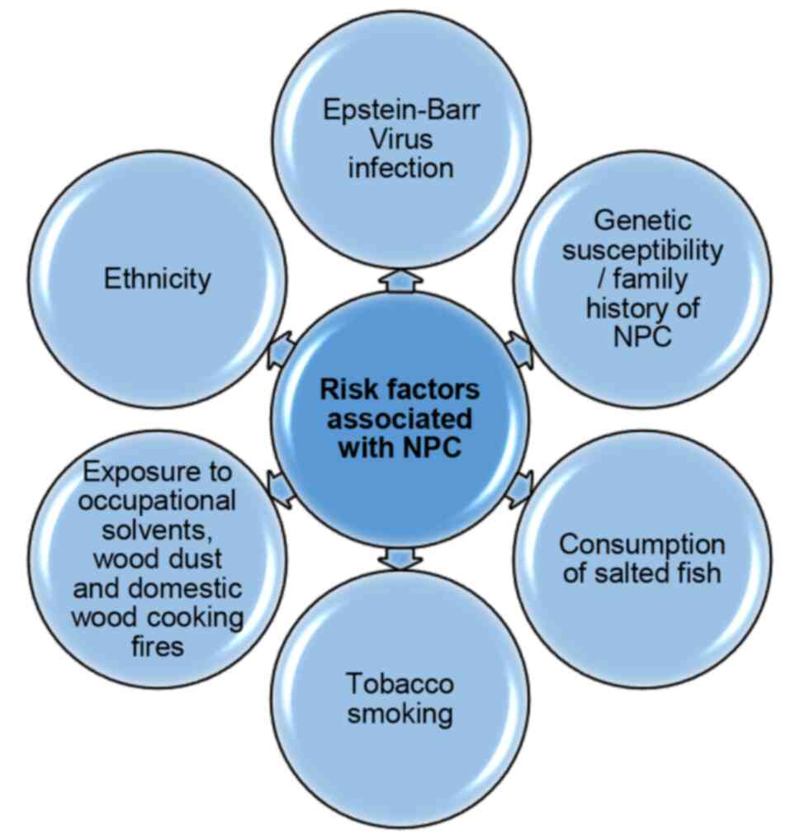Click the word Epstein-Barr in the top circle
400,110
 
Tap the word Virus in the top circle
400,139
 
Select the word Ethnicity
157,279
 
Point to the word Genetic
642,220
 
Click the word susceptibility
642,249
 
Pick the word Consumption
641,544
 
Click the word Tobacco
400,684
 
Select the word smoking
400,713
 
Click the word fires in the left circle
157,646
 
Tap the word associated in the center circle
400,417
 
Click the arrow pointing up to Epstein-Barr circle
400,280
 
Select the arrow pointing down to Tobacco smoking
400,559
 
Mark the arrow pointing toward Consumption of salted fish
518,492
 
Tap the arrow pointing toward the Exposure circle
281,490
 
